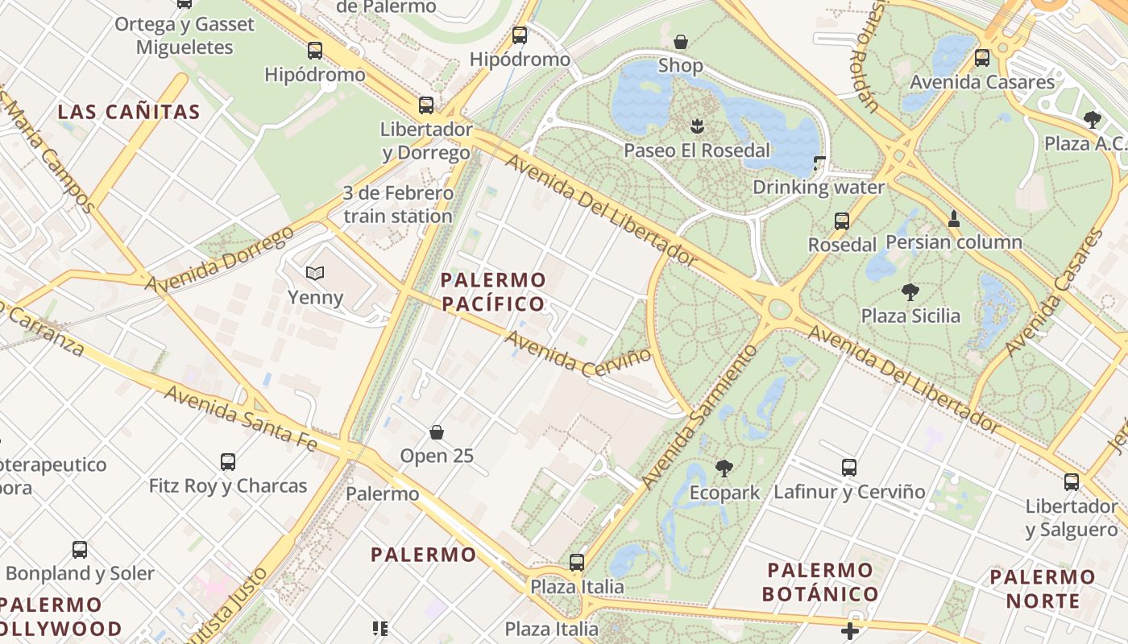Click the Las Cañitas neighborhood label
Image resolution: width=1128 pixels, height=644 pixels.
(x=129, y=112)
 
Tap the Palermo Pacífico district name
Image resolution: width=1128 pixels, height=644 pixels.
(x=493, y=292)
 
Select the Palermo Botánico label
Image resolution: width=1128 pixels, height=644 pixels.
(x=821, y=583)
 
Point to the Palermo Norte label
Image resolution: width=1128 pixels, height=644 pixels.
(x=1043, y=588)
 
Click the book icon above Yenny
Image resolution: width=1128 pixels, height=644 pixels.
(x=315, y=274)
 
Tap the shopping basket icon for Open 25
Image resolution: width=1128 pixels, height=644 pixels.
(x=437, y=432)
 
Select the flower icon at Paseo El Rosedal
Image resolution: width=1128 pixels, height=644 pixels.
(x=697, y=126)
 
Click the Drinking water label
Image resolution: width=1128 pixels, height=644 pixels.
(x=818, y=188)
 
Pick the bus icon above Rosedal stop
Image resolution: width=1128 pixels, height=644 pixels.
(x=842, y=221)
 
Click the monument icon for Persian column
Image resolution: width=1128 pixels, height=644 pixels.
(x=954, y=218)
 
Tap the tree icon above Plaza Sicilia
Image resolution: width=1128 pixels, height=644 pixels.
(x=910, y=291)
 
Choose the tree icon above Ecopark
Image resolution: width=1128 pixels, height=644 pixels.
(x=724, y=468)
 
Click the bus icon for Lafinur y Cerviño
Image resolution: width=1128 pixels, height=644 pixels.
(x=849, y=467)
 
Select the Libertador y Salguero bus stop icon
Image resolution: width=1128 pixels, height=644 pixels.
(x=1071, y=482)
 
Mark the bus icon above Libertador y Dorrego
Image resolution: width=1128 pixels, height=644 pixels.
(x=426, y=105)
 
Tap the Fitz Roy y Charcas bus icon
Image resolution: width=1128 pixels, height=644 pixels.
(x=228, y=462)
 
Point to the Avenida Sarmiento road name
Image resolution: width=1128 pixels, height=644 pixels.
(x=700, y=418)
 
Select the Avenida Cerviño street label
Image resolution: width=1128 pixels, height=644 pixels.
(x=577, y=353)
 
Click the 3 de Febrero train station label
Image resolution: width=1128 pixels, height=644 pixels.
(x=398, y=204)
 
